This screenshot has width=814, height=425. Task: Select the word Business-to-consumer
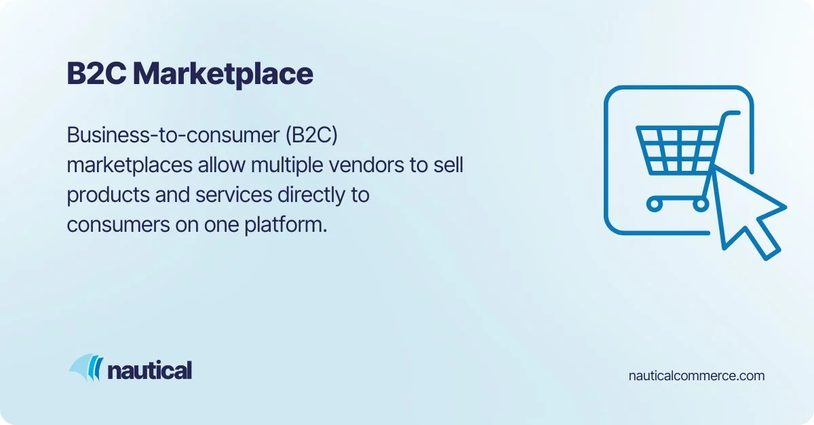tap(169, 136)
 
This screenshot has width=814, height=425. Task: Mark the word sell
tap(448, 165)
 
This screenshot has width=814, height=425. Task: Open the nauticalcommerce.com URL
tap(697, 376)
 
